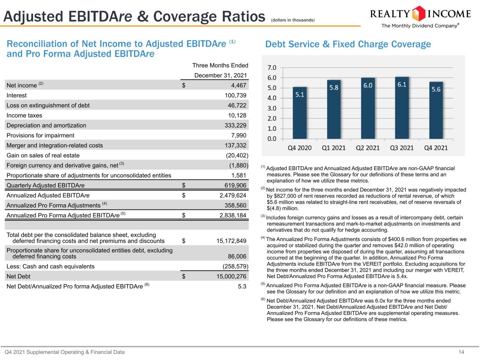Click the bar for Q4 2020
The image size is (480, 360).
tap(300, 113)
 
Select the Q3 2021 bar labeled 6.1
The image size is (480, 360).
tap(402, 108)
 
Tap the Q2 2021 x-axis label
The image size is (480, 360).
tap(367, 148)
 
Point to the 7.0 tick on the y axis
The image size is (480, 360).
tap(272, 68)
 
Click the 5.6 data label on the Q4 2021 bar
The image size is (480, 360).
tap(436, 89)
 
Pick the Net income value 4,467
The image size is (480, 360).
tap(238, 85)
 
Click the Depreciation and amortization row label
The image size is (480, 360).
tap(46, 126)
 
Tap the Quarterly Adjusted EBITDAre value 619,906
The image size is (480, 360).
tap(235, 185)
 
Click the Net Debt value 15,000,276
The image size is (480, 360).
tap(231, 276)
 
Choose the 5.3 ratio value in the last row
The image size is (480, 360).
tap(242, 286)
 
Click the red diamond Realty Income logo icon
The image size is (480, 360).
tap(418, 14)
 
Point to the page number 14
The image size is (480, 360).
tap(461, 352)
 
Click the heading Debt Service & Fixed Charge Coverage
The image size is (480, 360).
tap(348, 44)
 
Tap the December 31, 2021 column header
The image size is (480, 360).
tap(220, 75)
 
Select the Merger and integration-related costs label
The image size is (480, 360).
tap(55, 145)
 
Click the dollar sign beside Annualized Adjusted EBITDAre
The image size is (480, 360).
tap(184, 195)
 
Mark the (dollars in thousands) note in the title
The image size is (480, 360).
tap(293, 20)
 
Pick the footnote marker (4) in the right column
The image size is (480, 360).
tap(263, 238)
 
